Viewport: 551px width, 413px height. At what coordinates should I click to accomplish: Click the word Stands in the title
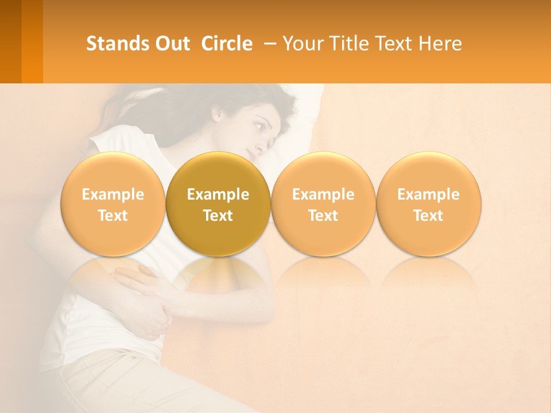(117, 44)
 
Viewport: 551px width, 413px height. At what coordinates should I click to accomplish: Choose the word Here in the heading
(440, 44)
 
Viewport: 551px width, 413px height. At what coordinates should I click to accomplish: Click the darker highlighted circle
(218, 204)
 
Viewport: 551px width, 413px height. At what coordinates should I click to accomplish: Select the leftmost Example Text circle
(113, 204)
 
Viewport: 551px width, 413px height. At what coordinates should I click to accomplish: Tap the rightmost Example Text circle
(429, 204)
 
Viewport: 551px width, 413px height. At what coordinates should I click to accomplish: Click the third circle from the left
(323, 204)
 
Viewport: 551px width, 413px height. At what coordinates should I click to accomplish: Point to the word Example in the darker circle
(218, 194)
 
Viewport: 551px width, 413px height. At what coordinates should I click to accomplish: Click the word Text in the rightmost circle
(429, 216)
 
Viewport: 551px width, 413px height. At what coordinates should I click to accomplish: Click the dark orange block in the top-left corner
(21, 41)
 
